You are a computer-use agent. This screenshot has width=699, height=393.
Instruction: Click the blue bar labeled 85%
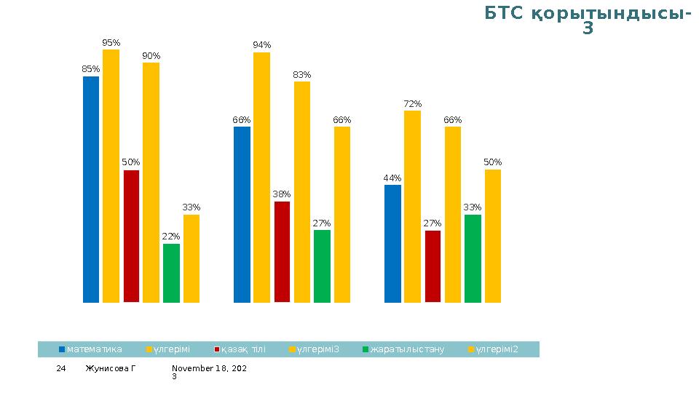click(91, 189)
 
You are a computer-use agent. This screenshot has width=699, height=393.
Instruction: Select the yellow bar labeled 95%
click(111, 175)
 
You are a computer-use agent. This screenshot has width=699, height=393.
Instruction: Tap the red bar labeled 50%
click(131, 236)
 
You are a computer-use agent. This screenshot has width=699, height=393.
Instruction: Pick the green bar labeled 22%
click(171, 273)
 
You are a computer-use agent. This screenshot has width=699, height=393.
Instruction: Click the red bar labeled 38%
click(282, 251)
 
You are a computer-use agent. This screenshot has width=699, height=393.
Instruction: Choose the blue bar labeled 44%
click(392, 243)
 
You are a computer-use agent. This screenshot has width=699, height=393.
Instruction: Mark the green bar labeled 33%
click(473, 258)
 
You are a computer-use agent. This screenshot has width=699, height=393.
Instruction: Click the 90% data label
click(151, 56)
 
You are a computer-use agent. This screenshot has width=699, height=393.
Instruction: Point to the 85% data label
click(90, 69)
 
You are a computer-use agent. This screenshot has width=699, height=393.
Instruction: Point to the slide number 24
click(62, 369)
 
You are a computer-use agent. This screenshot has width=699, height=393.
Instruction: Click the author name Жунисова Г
click(110, 369)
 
